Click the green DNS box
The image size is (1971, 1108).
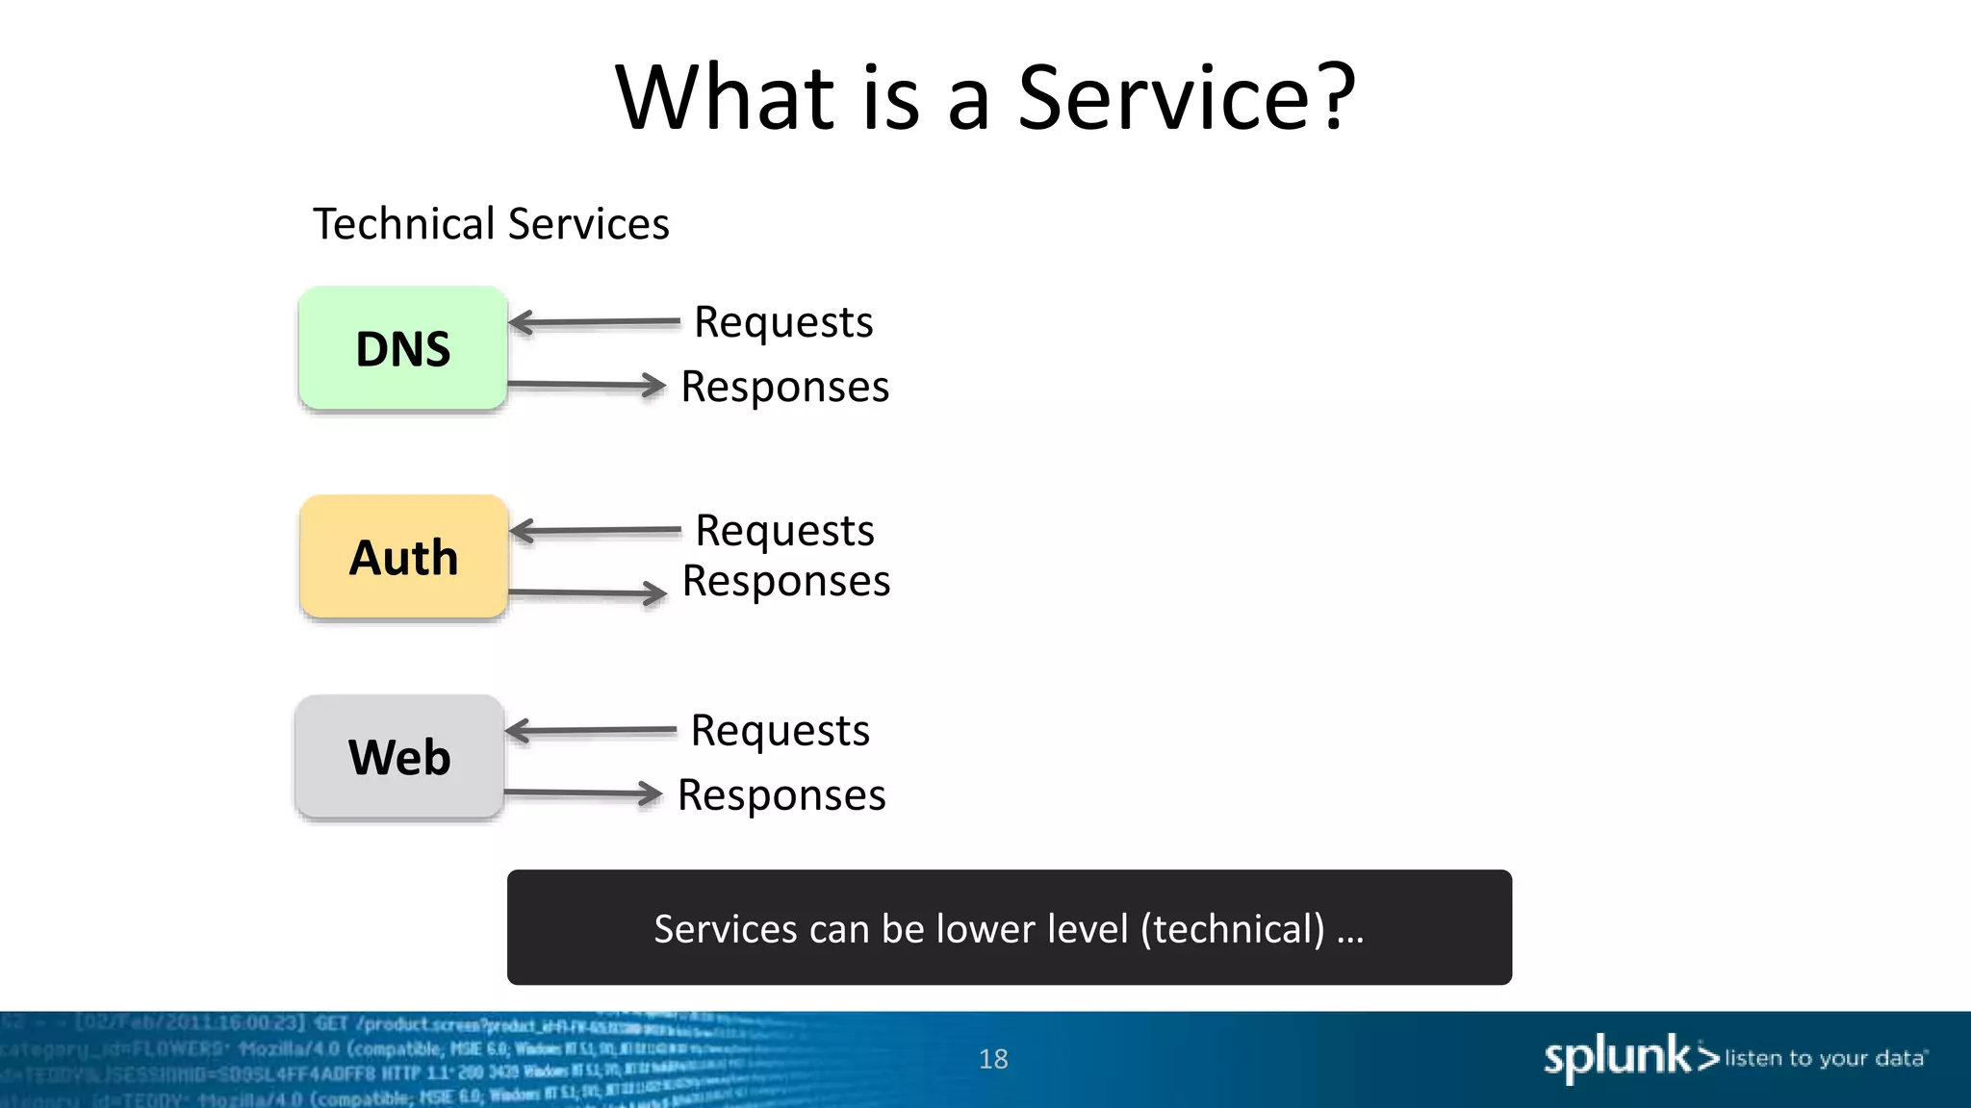tap(403, 348)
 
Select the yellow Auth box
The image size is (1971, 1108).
tap(403, 557)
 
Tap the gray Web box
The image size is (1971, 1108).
tap(399, 757)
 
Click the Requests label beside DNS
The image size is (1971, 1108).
tap(783, 322)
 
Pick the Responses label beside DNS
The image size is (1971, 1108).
tap(784, 387)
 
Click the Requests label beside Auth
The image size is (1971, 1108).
tap(784, 531)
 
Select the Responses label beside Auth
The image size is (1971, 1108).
tap(785, 581)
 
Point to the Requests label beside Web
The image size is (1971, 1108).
tap(780, 731)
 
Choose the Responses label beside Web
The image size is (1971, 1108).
tap(781, 795)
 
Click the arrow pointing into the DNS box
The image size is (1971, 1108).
tap(594, 323)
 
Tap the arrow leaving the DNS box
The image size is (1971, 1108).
tap(586, 386)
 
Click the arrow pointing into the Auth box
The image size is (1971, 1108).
tap(595, 531)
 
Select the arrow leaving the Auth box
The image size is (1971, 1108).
tap(587, 593)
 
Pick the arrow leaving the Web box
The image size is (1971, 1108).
tap(583, 793)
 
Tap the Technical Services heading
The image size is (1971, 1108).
tap(491, 224)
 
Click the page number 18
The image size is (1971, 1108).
tap(993, 1059)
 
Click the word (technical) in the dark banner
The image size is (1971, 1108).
tap(1233, 929)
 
